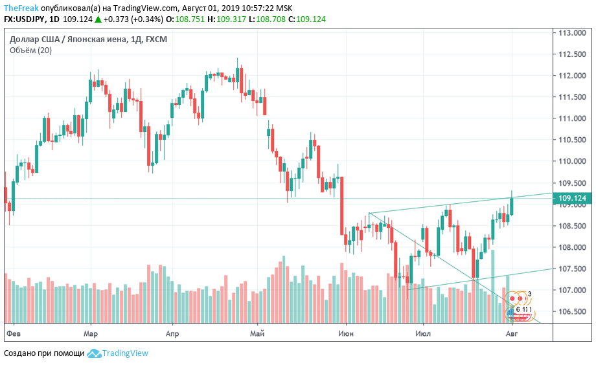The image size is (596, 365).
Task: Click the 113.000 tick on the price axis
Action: (x=572, y=33)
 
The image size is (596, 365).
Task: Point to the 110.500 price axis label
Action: (x=572, y=140)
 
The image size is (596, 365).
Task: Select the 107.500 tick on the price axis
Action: (x=572, y=269)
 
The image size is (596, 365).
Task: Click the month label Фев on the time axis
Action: (x=14, y=333)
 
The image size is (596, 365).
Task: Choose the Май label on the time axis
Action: (x=258, y=333)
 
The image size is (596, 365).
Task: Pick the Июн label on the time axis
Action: (x=346, y=333)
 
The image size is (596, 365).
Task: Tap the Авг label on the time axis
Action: (x=512, y=333)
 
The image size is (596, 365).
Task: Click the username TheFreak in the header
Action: (x=21, y=7)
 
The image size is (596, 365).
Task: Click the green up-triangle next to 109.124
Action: (x=97, y=19)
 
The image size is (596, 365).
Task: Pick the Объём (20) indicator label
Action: (x=31, y=50)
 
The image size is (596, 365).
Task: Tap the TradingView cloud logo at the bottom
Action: (x=95, y=353)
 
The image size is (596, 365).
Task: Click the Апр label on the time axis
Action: (x=172, y=333)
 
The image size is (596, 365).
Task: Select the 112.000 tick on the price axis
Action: (x=572, y=76)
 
